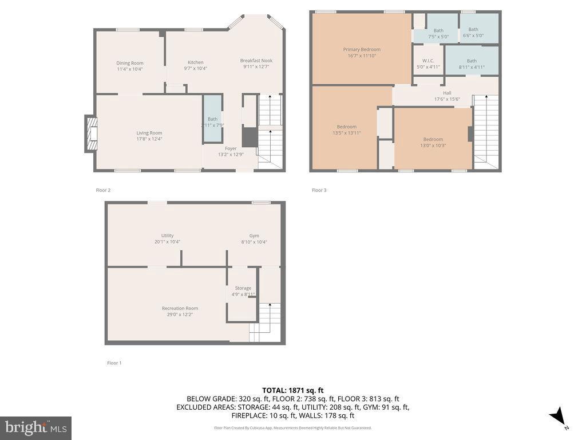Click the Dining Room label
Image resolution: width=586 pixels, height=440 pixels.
(130, 63)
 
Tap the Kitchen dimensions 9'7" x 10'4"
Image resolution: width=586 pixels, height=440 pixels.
(196, 69)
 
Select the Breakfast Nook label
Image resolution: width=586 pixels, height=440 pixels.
(256, 60)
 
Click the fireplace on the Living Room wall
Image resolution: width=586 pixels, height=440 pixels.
(90, 133)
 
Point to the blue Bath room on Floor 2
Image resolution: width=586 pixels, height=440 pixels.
(212, 119)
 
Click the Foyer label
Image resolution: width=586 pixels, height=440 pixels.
(231, 148)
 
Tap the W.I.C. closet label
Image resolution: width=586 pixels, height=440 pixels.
(429, 60)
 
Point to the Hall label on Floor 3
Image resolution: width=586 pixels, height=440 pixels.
(447, 93)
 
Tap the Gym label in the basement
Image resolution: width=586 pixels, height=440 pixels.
(254, 235)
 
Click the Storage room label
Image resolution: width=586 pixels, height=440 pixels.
(243, 288)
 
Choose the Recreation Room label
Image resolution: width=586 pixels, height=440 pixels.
(180, 308)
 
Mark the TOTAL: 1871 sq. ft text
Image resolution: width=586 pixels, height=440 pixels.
(292, 390)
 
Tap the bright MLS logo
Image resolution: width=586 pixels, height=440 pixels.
(35, 427)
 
